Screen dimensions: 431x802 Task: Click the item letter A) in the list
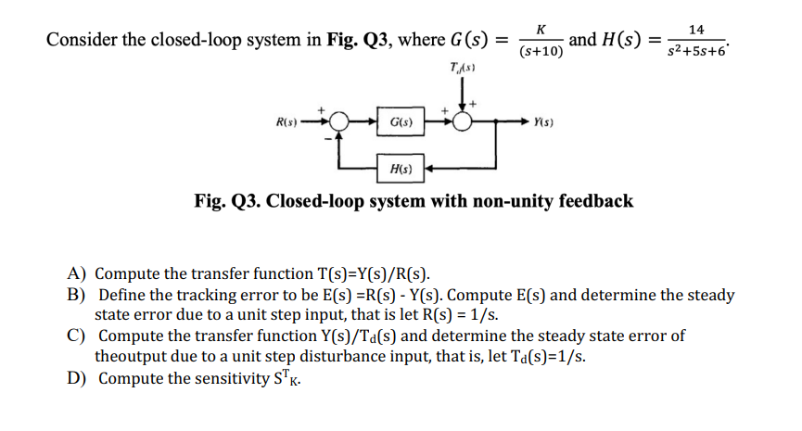pos(77,274)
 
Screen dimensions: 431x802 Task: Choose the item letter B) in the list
pos(77,295)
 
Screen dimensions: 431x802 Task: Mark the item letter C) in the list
pos(77,336)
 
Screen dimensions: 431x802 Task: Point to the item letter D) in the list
pos(77,377)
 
